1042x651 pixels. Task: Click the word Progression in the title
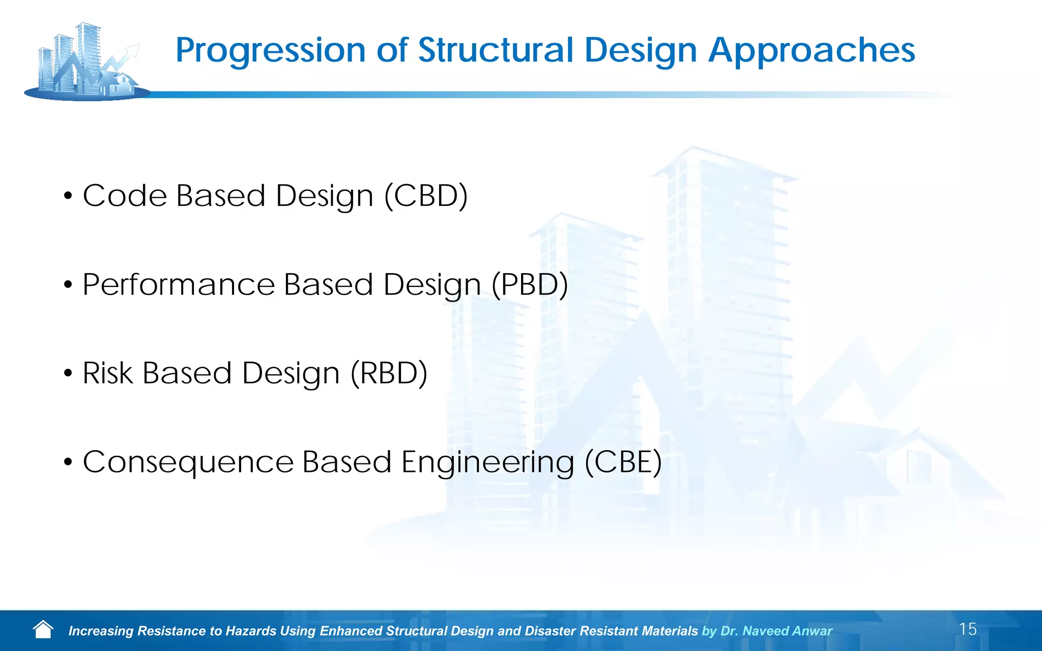[270, 51]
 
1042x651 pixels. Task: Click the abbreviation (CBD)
[426, 196]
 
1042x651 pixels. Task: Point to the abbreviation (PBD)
[529, 284]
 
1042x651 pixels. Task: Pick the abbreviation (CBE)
[623, 462]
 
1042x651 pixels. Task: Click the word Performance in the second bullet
[178, 284]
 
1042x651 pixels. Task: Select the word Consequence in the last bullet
[188, 462]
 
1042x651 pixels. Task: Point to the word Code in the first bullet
[125, 196]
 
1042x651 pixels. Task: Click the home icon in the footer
[43, 630]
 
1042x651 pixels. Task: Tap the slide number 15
[968, 629]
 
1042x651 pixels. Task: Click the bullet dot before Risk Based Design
[68, 374]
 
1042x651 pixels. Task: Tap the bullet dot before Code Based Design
[68, 196]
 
